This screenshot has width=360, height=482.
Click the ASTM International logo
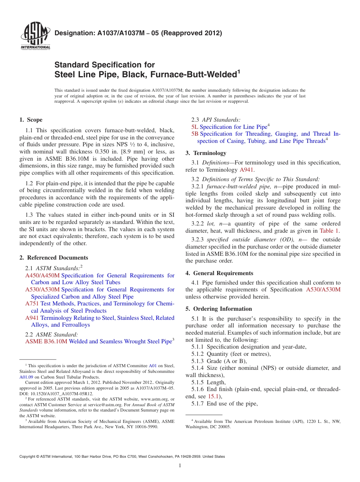35,36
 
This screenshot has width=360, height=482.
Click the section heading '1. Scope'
31,120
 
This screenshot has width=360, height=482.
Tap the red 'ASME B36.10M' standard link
46,341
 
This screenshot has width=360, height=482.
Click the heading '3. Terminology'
206,153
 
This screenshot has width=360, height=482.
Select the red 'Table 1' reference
329,230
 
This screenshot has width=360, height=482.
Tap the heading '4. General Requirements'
219,273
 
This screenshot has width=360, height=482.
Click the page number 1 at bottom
180,466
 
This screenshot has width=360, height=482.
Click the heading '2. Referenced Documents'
53,258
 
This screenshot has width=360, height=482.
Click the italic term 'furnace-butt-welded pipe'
236,186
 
